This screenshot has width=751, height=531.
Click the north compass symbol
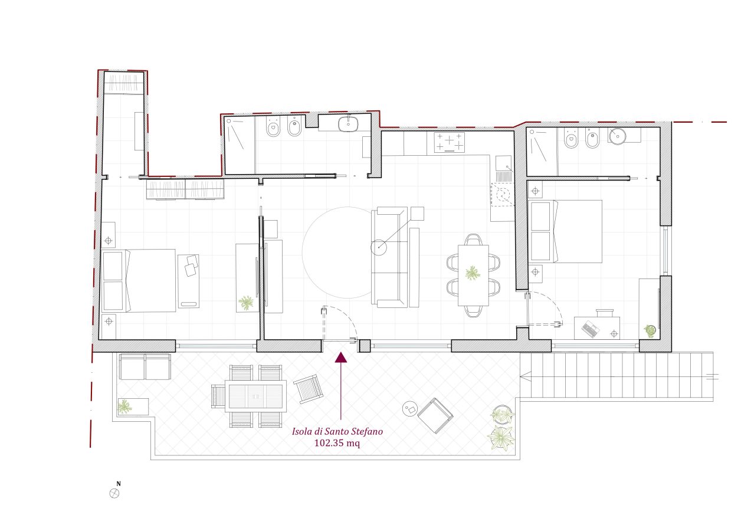click(114, 493)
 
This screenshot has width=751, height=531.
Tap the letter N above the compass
click(119, 484)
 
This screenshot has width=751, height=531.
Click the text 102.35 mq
click(337, 443)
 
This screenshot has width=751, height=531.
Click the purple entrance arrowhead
click(341, 358)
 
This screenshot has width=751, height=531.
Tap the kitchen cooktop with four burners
click(450, 142)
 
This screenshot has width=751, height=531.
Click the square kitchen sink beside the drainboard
click(504, 163)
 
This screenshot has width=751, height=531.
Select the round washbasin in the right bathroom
click(617, 136)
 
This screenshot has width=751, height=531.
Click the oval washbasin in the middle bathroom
click(348, 124)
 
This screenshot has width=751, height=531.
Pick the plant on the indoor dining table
click(473, 273)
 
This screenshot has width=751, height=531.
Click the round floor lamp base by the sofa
click(379, 247)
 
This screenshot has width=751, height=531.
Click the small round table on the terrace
click(410, 409)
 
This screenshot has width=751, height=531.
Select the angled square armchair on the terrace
click(435, 416)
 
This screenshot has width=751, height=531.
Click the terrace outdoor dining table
click(255, 396)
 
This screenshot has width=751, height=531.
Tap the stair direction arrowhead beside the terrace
click(526, 376)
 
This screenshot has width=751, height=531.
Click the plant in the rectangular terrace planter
click(124, 407)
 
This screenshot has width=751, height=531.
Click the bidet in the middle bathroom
click(295, 126)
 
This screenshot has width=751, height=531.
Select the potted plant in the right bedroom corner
click(650, 331)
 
